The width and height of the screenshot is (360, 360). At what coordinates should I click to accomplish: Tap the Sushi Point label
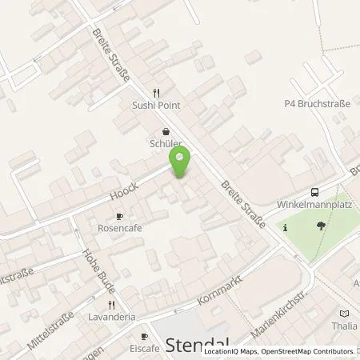pyautogui.click(x=157, y=105)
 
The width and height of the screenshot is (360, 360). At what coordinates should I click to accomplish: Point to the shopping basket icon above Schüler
pyautogui.click(x=166, y=132)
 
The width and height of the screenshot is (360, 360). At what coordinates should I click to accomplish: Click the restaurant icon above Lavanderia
pyautogui.click(x=111, y=305)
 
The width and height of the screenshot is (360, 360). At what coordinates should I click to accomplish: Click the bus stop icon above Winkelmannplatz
pyautogui.click(x=314, y=191)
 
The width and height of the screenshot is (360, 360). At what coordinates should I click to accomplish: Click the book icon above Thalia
pyautogui.click(x=344, y=314)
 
